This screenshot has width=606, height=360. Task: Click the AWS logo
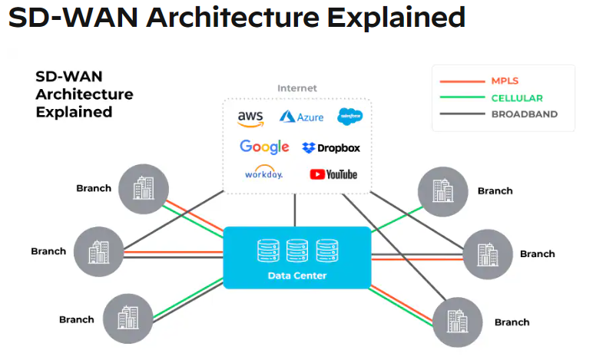[x=250, y=118]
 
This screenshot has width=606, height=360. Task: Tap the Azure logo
[x=301, y=117]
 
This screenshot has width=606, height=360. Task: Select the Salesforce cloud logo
[x=349, y=117]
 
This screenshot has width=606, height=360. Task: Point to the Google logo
[x=264, y=147]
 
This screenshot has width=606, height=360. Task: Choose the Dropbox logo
[x=331, y=147]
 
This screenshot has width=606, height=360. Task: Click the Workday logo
[x=263, y=173]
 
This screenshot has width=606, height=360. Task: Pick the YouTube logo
[x=333, y=174]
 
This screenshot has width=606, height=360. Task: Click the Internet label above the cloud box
[x=296, y=88]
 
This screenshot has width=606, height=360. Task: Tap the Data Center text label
[x=296, y=276]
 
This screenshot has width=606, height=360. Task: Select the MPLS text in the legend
[x=505, y=81]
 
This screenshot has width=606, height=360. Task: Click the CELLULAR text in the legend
[x=516, y=97]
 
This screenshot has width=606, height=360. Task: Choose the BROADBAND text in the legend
[x=524, y=114]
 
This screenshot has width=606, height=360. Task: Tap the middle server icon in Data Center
[x=297, y=250]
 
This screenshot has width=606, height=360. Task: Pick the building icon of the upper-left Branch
[x=143, y=188]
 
